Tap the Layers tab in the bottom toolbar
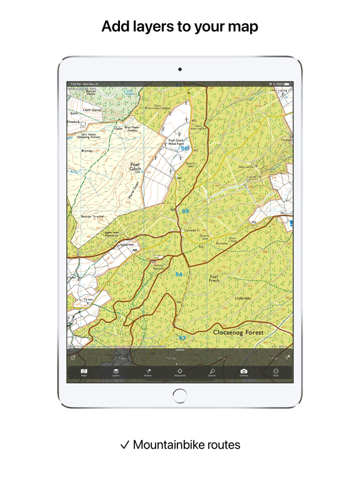click(116, 372)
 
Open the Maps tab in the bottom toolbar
click(84, 372)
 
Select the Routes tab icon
click(148, 372)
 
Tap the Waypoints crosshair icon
click(180, 372)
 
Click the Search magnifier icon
click(212, 372)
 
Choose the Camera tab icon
click(244, 372)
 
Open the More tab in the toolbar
click(276, 372)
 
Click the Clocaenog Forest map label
click(238, 332)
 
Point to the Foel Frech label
click(214, 278)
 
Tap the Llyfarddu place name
click(243, 298)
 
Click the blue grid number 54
click(179, 274)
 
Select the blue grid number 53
click(182, 338)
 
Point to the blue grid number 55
click(185, 211)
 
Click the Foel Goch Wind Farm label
click(176, 142)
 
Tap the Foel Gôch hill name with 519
click(135, 167)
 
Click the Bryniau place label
click(87, 151)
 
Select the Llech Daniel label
click(92, 109)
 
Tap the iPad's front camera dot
click(180, 69)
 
